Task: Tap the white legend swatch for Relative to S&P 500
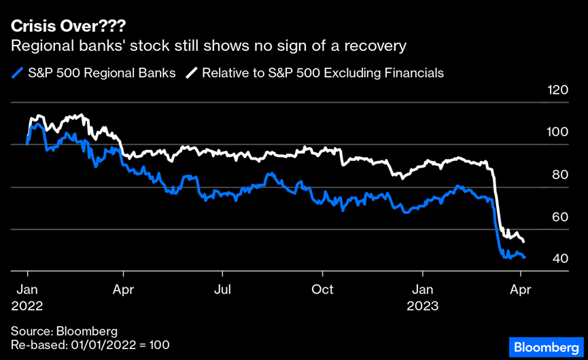click(192, 73)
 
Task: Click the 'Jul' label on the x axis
click(222, 289)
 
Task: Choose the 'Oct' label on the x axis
click(322, 289)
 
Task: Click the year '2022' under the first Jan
click(27, 306)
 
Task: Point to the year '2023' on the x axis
click(423, 306)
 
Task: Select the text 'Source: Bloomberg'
click(64, 331)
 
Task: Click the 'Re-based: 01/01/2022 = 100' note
click(90, 345)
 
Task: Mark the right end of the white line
click(523, 241)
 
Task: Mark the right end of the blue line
click(524, 257)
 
